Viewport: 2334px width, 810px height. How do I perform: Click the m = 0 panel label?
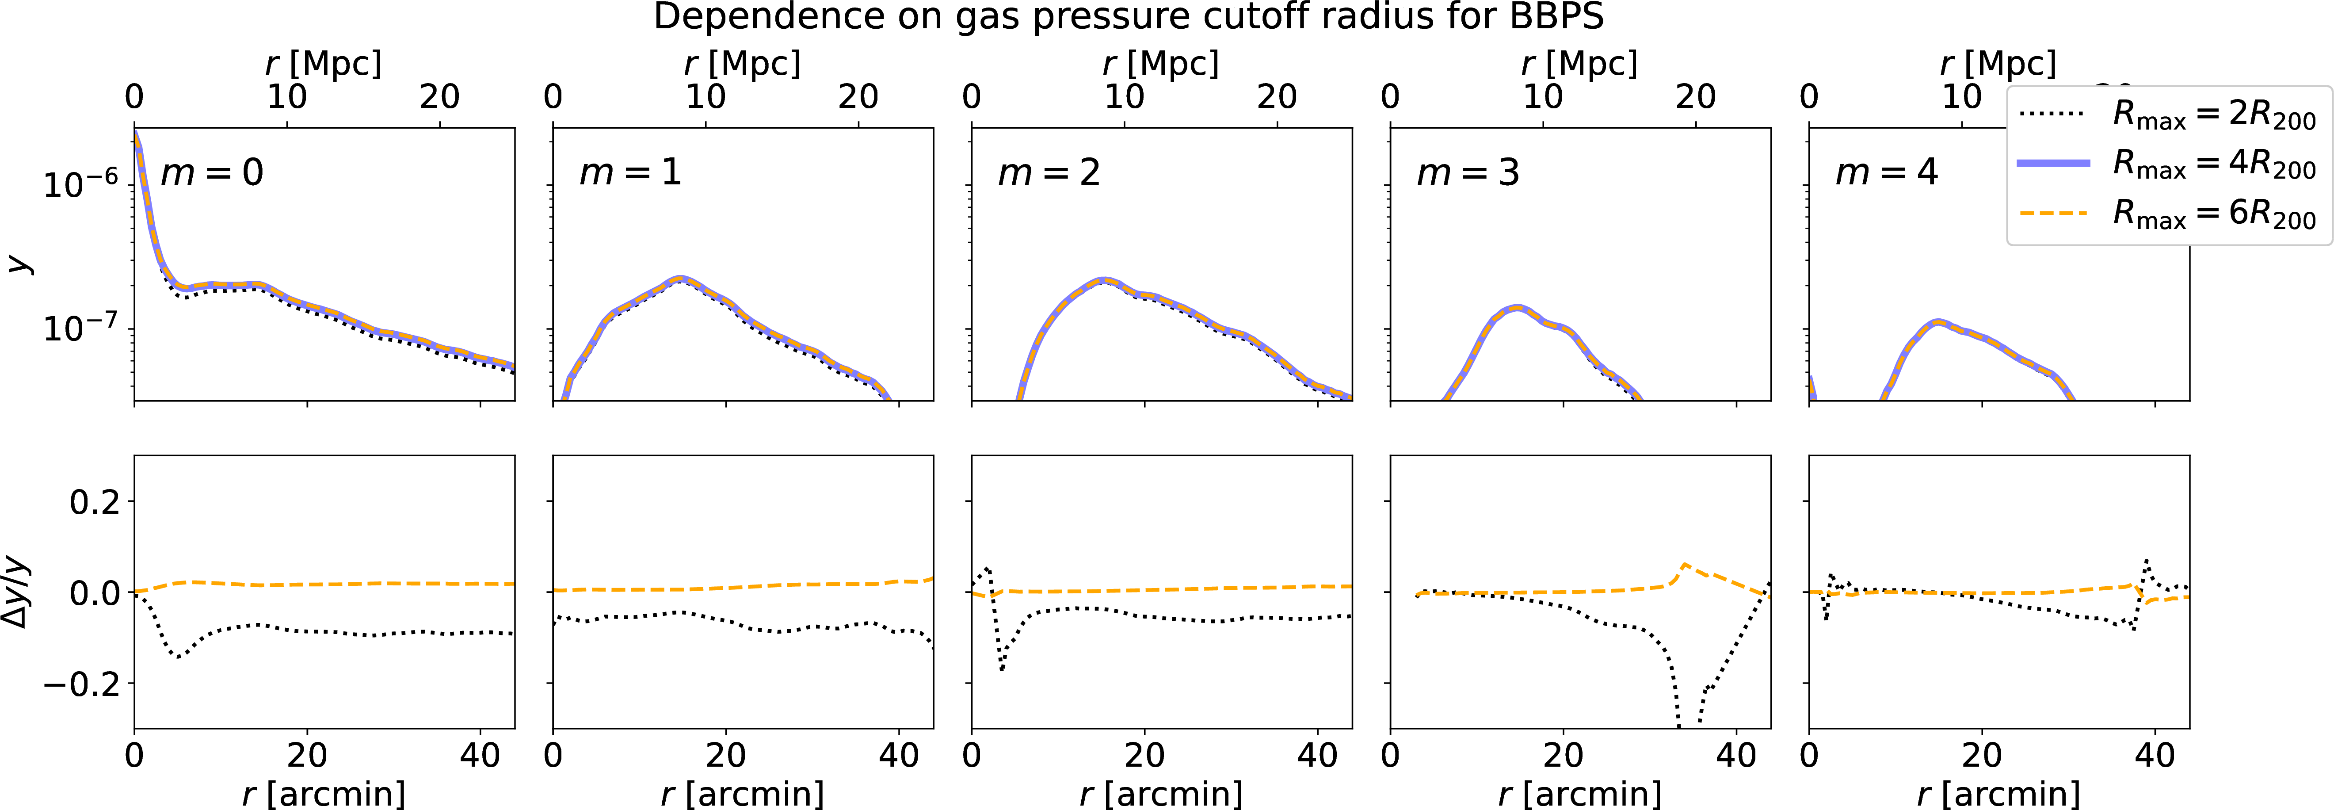click(212, 172)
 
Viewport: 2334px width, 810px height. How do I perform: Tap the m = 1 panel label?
click(631, 172)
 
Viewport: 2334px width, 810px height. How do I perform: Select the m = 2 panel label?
click(1049, 172)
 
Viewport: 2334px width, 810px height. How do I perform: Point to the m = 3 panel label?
click(1468, 172)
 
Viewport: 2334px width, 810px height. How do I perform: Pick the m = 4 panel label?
click(1886, 172)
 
